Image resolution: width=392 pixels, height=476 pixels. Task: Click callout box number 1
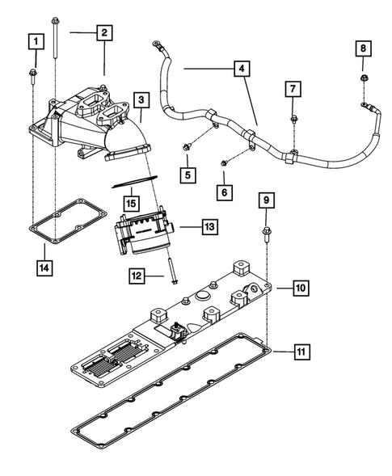[x=34, y=40]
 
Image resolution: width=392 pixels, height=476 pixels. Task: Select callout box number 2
[x=103, y=33]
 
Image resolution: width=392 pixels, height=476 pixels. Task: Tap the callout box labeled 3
[x=141, y=99]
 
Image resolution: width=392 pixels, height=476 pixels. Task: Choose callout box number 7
[x=294, y=87]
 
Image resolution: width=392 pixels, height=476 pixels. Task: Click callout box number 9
[x=266, y=199]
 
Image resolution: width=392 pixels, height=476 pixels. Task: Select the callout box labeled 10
[x=299, y=287]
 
